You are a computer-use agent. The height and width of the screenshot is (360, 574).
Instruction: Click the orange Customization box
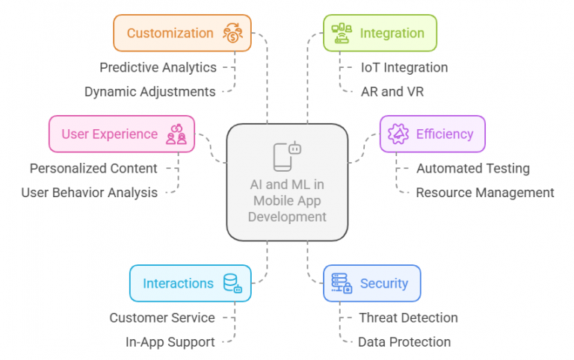click(182, 33)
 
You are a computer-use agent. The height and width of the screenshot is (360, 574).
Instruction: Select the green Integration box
click(380, 33)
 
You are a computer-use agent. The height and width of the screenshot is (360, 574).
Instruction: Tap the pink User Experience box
click(121, 134)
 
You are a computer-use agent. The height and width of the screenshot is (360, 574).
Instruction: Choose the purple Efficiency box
click(432, 134)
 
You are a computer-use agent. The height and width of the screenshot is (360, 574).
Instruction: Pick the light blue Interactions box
click(190, 283)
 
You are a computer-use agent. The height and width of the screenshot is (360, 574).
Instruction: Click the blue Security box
click(371, 283)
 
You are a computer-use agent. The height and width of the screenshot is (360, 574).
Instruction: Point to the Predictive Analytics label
click(158, 67)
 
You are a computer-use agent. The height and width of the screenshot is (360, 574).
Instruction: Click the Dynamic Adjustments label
click(149, 91)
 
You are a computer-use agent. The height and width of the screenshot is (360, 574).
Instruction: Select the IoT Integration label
click(404, 67)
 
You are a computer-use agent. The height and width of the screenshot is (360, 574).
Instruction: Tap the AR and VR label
click(387, 91)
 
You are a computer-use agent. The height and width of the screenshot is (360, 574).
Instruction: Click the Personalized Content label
click(93, 168)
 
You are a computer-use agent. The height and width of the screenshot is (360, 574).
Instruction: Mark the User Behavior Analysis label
click(89, 192)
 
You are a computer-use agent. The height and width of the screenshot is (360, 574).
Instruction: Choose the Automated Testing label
click(473, 168)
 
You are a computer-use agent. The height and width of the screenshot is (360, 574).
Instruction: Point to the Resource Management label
click(485, 192)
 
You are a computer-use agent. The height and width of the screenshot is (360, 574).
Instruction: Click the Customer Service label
click(162, 317)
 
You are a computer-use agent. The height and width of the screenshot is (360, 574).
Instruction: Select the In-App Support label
click(170, 342)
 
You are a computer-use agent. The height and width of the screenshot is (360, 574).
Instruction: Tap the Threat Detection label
click(408, 317)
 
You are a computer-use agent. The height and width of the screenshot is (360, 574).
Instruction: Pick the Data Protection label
click(404, 342)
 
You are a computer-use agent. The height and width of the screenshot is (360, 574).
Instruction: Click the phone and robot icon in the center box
click(287, 155)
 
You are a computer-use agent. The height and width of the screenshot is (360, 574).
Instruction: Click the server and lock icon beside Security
click(341, 283)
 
